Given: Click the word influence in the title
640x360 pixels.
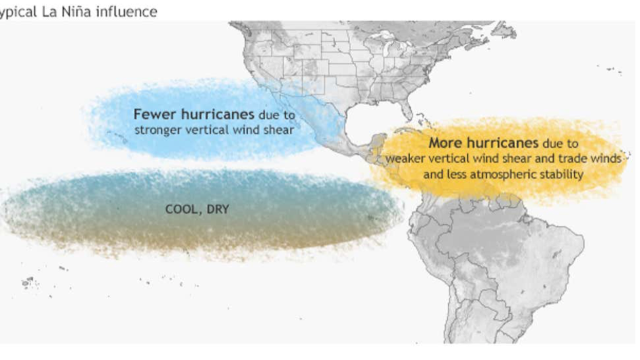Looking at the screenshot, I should (x=126, y=11).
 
